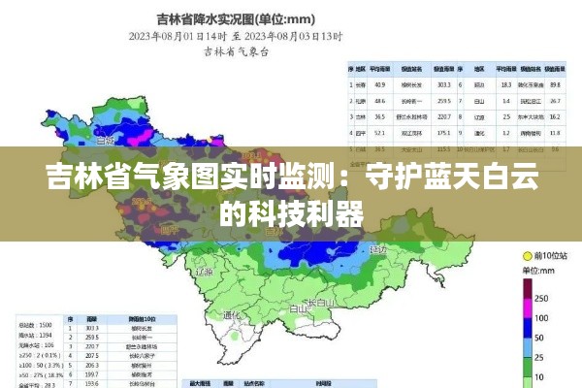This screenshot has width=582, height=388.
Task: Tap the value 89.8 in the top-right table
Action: click(x=554, y=84)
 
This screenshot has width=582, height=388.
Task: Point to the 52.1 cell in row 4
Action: click(x=381, y=133)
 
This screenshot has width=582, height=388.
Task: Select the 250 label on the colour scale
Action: click(x=541, y=298)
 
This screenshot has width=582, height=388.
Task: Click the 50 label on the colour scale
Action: click(x=539, y=339)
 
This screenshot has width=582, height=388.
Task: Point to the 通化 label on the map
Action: click(x=231, y=315)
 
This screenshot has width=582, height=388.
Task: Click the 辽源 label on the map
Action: click(x=203, y=274)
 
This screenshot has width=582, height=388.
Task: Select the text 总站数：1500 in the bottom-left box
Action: click(x=33, y=325)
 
